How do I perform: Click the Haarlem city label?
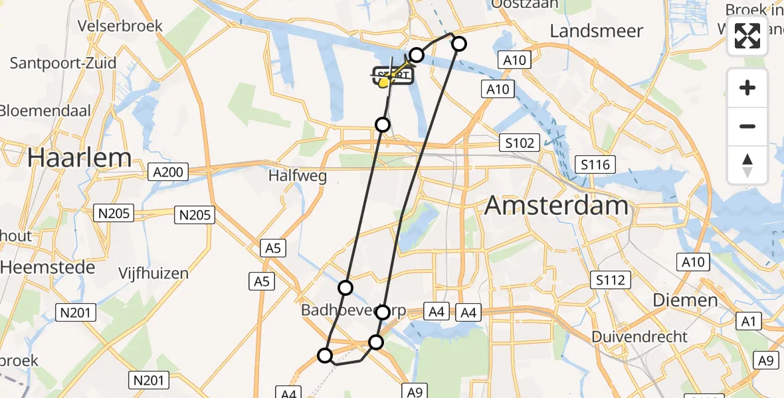point(79,158)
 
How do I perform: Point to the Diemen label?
point(685,300)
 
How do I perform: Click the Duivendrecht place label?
point(640,336)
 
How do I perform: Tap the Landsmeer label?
point(597,31)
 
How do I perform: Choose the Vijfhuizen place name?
point(153,273)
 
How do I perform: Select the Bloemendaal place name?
point(45,110)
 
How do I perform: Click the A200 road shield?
point(169,172)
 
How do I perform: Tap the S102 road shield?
point(519,143)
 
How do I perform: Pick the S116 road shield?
point(595,165)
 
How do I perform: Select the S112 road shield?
point(610,280)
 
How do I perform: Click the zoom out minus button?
point(747,126)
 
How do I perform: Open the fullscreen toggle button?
point(747,36)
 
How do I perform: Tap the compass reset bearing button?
point(747,165)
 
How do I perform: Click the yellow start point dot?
point(383,83)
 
